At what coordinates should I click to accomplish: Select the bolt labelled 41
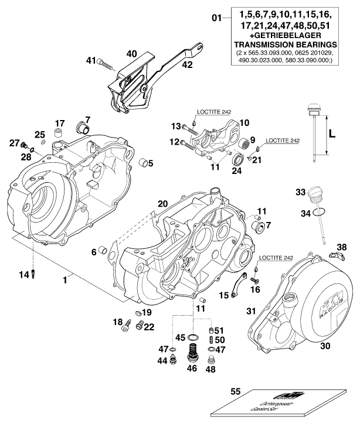(x=104, y=60)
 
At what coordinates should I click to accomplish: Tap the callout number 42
(x=186, y=66)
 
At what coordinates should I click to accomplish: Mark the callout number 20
(x=162, y=204)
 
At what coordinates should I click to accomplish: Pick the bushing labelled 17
(x=59, y=136)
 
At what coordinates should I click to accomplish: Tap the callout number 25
(x=40, y=134)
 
